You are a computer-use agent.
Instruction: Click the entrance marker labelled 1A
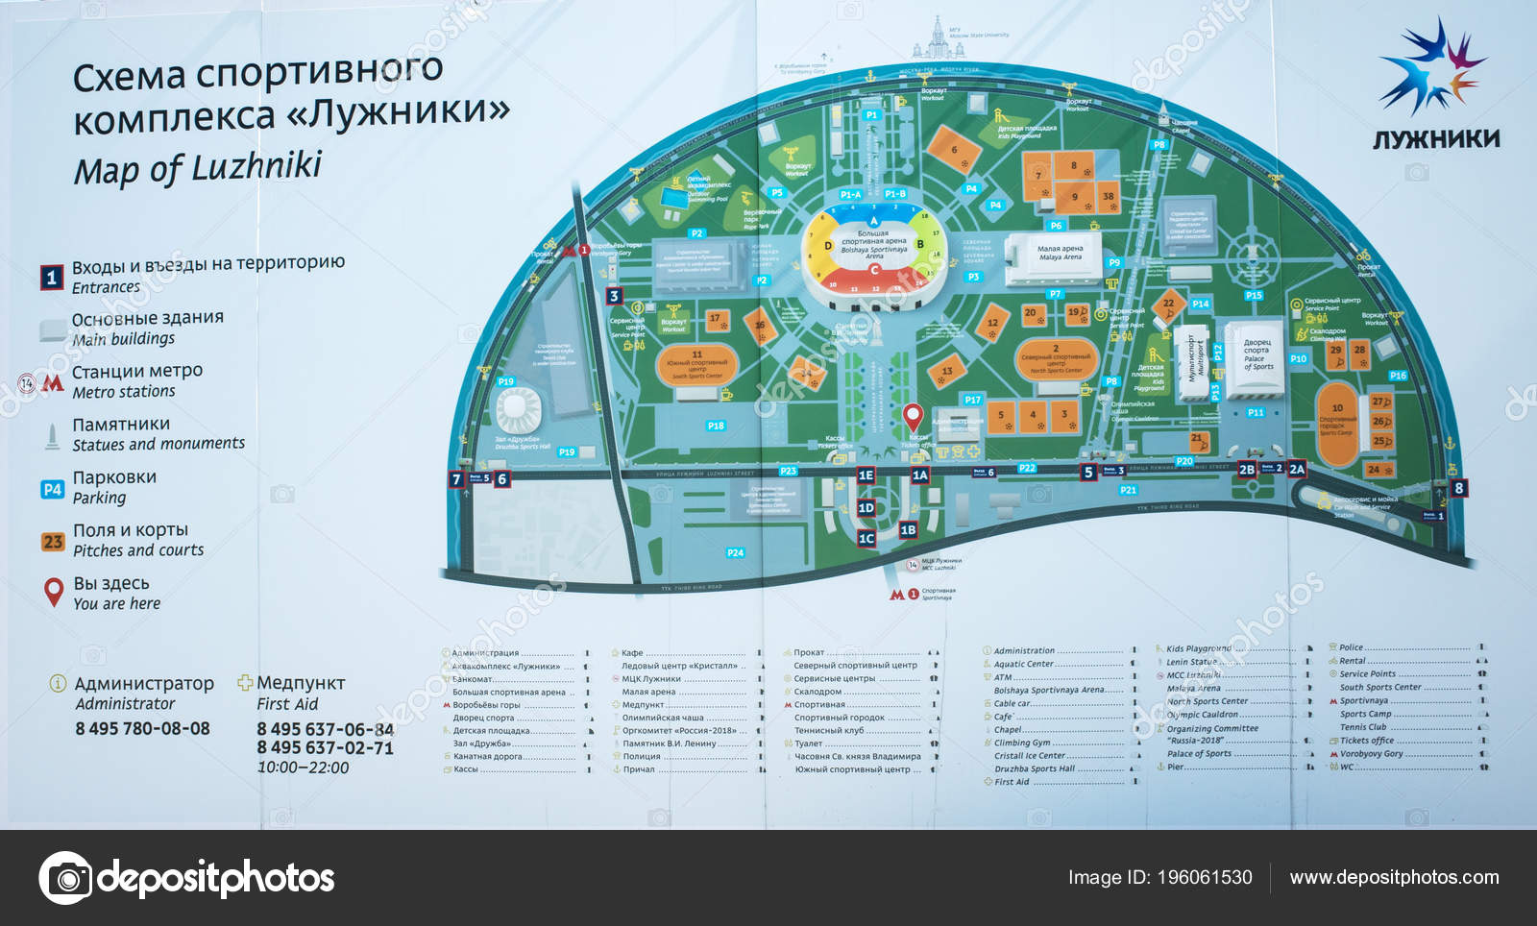tap(920, 475)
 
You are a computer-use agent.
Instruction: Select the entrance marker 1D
tap(866, 508)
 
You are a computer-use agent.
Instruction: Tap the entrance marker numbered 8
tap(1459, 488)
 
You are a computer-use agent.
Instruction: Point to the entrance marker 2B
tap(1247, 470)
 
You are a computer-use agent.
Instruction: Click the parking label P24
tap(735, 552)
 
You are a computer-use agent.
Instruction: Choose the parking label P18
tap(716, 426)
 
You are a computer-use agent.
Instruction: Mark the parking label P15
tap(1254, 296)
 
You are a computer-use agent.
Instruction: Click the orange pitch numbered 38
tap(1108, 197)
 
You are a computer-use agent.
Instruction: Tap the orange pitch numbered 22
tap(1168, 304)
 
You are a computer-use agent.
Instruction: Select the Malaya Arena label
tap(1060, 253)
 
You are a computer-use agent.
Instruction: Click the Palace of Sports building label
tap(1257, 354)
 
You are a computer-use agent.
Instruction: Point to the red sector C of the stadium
tap(873, 271)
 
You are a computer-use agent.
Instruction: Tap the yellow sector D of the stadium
tap(828, 246)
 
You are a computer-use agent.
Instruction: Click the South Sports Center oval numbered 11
tap(697, 364)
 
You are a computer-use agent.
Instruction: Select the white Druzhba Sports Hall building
tap(517, 410)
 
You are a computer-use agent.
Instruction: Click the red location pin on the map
tap(913, 416)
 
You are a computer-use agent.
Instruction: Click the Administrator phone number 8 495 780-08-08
tap(142, 728)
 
